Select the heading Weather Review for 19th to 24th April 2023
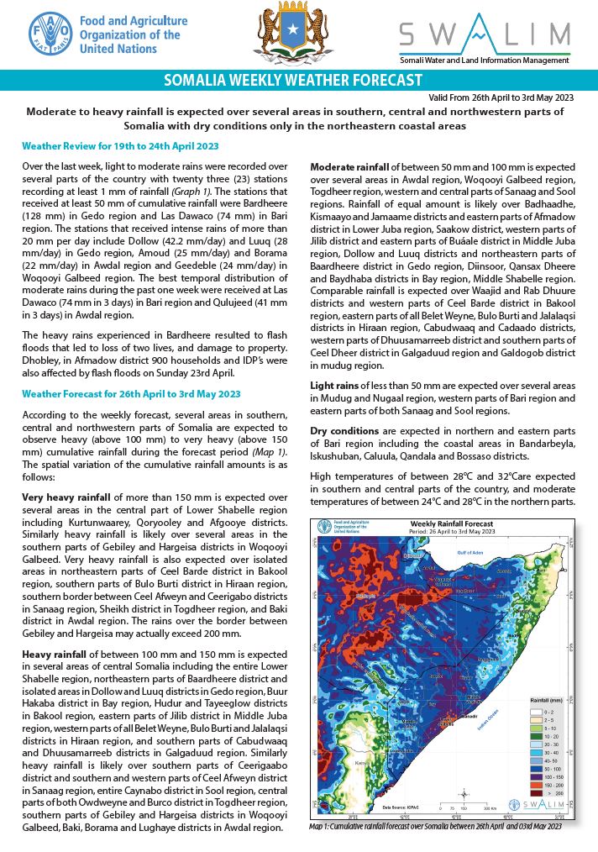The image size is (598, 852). pyautogui.click(x=120, y=146)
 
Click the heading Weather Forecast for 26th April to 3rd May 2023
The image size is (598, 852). pyautogui.click(x=131, y=393)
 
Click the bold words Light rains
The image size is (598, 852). pyautogui.click(x=337, y=385)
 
